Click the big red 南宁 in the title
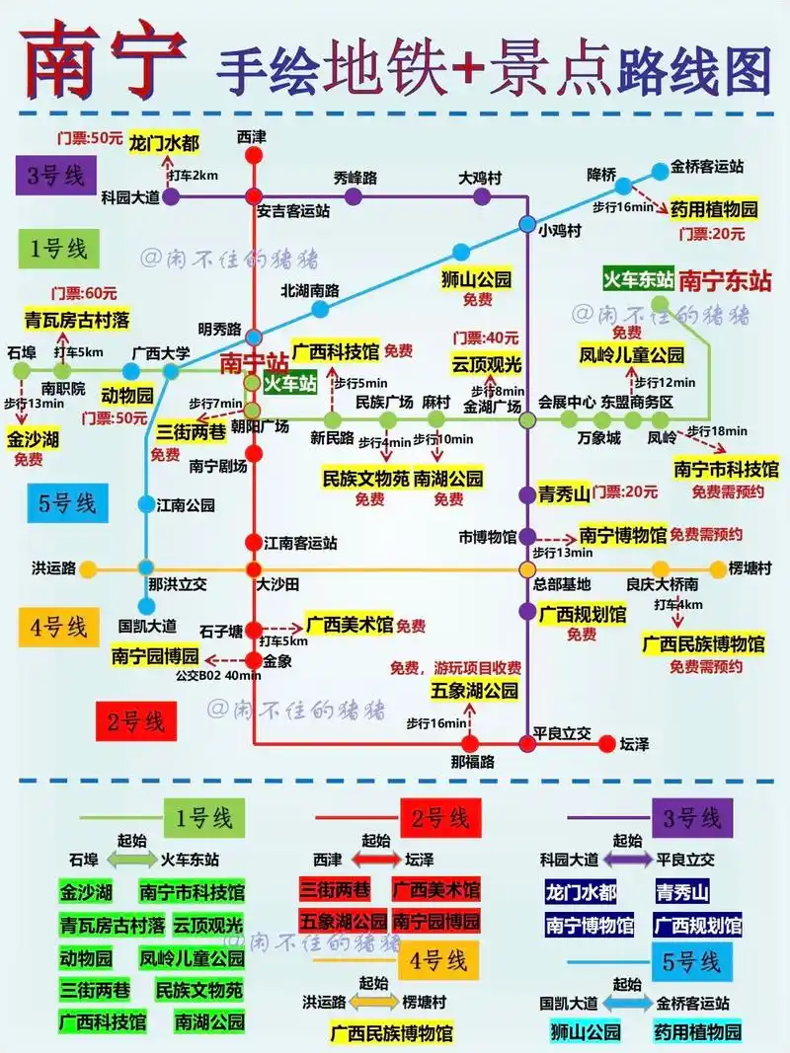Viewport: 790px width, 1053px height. pyautogui.click(x=105, y=61)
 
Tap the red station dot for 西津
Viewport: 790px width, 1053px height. pyautogui.click(x=254, y=155)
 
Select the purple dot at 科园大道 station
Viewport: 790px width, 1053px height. pyautogui.click(x=171, y=196)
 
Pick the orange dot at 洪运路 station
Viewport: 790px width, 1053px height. pyautogui.click(x=88, y=568)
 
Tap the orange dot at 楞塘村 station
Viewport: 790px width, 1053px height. pyautogui.click(x=718, y=568)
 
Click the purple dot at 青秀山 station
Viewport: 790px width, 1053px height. pyautogui.click(x=527, y=494)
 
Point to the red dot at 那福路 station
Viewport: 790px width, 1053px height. pyautogui.click(x=471, y=743)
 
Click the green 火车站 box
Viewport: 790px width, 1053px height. pyautogui.click(x=288, y=383)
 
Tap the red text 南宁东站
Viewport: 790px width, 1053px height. pyautogui.click(x=725, y=279)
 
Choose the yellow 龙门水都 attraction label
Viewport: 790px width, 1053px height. pyautogui.click(x=164, y=144)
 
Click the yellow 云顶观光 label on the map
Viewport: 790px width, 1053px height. pyautogui.click(x=486, y=363)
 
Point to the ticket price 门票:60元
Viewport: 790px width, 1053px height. pyautogui.click(x=87, y=293)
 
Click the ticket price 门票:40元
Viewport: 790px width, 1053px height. pyautogui.click(x=486, y=337)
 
